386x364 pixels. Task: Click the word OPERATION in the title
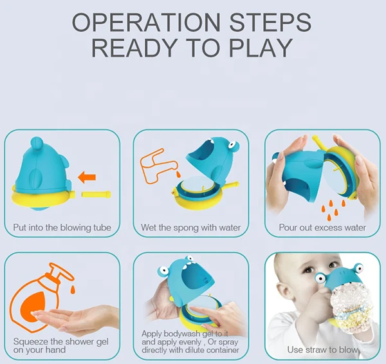coord(146,22)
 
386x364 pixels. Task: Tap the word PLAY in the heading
coord(261,48)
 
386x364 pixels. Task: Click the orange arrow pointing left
coord(87,177)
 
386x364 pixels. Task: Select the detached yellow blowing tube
coord(96,195)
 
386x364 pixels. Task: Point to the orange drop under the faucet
coord(178,175)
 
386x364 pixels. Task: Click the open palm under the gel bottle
coord(77,317)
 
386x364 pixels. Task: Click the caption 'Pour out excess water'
coord(322,227)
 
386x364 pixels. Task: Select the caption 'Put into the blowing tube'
coord(62,227)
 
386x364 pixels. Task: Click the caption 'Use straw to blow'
coord(322,350)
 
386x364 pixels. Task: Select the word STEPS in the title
coord(270,22)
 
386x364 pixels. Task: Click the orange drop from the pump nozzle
coord(73,289)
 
